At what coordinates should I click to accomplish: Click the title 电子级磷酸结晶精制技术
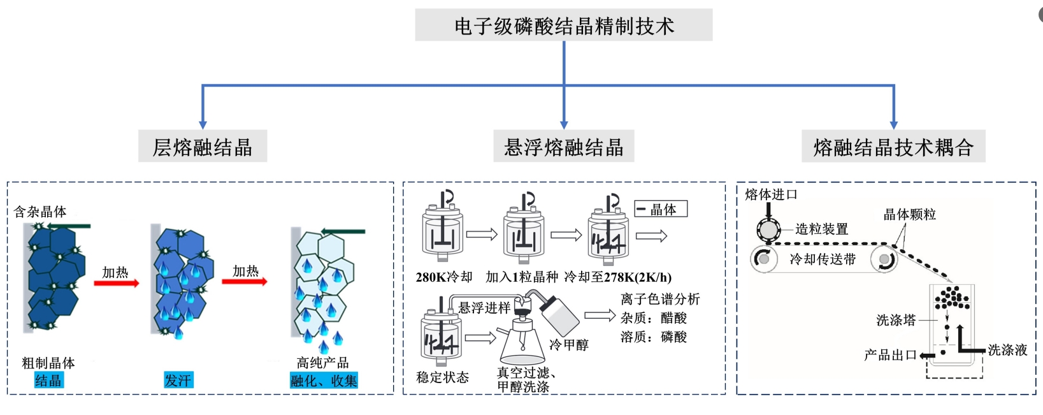tap(563, 25)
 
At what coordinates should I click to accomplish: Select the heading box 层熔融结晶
tap(202, 147)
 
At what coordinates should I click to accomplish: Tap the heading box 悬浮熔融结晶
tap(563, 147)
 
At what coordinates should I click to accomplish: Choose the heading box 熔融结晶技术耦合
tap(893, 147)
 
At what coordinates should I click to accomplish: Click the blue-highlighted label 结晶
tap(48, 381)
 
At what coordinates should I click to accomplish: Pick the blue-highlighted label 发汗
tap(178, 381)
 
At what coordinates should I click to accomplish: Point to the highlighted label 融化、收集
tap(324, 381)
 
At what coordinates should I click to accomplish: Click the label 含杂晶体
tap(40, 212)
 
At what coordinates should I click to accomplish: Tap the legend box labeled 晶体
tap(661, 209)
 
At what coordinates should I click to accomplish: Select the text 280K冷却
tap(444, 277)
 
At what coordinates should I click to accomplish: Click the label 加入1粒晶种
tap(522, 277)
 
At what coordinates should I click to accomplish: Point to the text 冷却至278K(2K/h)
tap(618, 277)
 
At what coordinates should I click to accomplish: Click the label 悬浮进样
tap(484, 308)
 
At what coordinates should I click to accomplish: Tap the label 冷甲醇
tap(569, 345)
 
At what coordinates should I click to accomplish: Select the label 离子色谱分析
tap(660, 299)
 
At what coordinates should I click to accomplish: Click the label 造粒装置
tap(821, 229)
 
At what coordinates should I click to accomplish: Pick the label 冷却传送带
tap(823, 259)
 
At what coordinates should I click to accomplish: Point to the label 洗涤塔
tap(896, 320)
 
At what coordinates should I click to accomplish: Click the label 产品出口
tap(890, 355)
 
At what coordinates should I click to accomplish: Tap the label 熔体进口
tap(771, 194)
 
